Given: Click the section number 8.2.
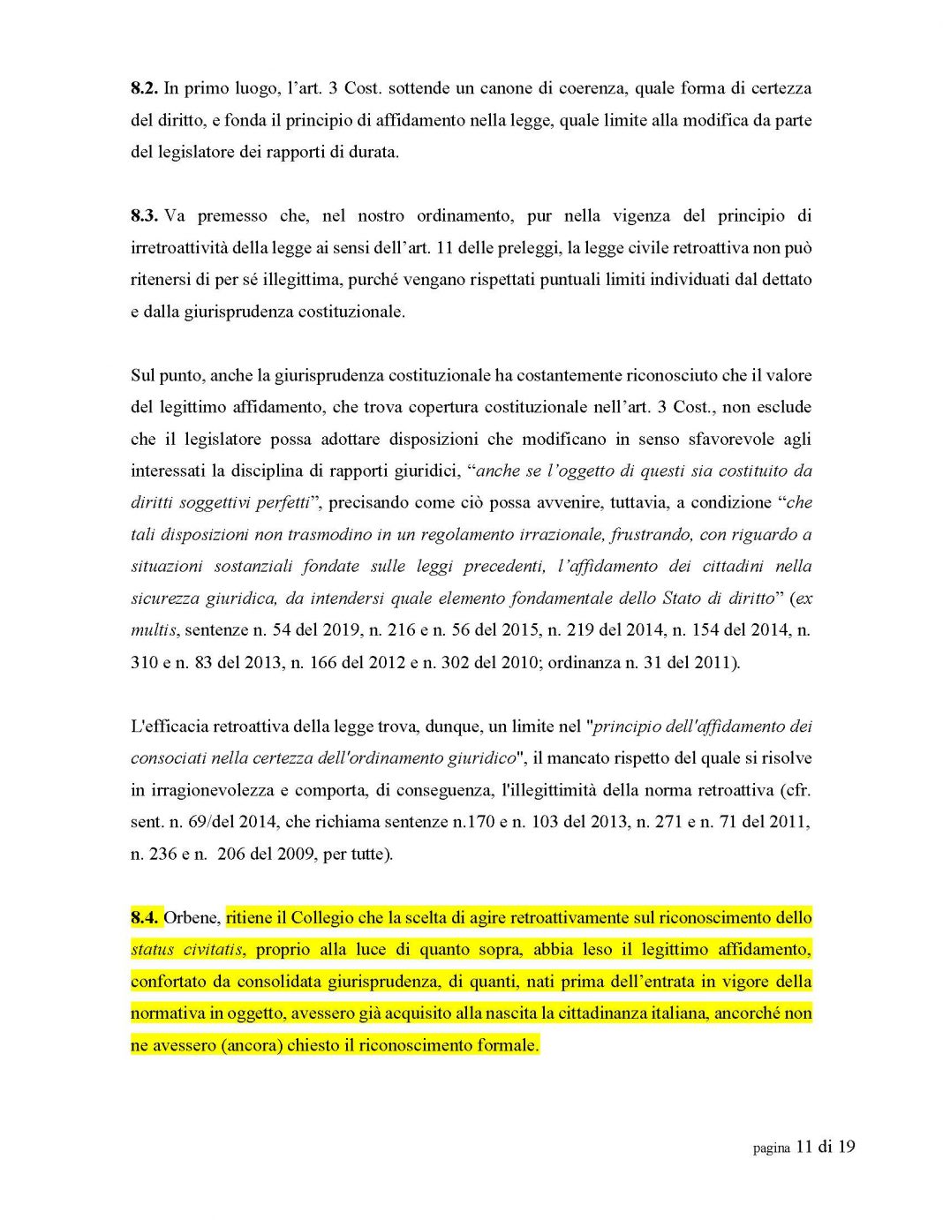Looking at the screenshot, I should tap(144, 88).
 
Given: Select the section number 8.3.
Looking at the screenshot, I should tap(144, 216).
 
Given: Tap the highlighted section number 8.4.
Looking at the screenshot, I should tap(144, 918).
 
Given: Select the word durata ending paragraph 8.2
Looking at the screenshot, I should tap(373, 152).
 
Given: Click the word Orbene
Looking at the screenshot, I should tap(191, 918).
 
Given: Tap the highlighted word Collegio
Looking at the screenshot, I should tap(322, 918).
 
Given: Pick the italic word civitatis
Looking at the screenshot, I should tap(213, 950).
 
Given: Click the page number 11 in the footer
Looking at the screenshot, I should tap(803, 1147).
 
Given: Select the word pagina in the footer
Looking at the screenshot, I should tap(771, 1148).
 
